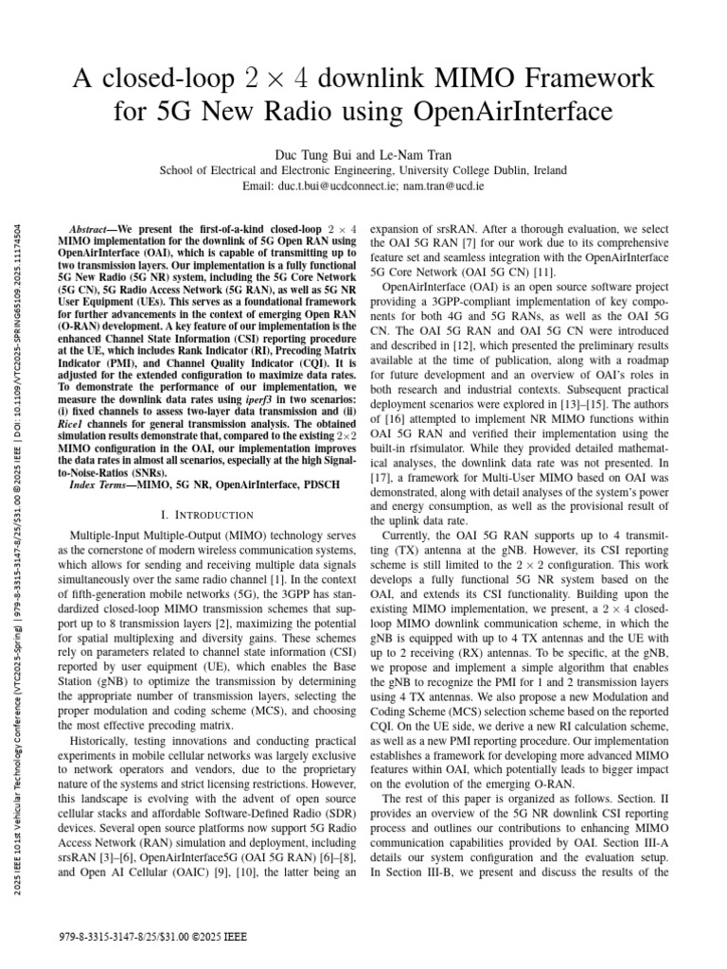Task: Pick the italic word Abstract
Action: click(93, 230)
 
